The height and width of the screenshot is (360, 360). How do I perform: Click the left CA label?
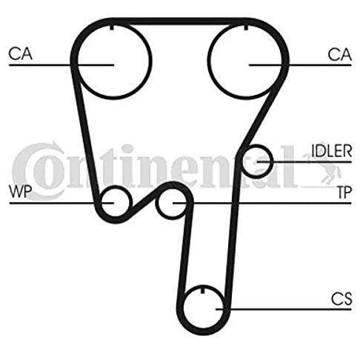point(20,54)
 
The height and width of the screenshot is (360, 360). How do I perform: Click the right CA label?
point(339,55)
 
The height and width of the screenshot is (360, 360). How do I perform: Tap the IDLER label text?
point(331,151)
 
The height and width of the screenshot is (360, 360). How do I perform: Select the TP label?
point(344,193)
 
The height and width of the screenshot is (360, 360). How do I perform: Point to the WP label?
point(21,191)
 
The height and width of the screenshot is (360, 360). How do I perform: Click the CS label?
point(341,299)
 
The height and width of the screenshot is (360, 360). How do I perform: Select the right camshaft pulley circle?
point(209,61)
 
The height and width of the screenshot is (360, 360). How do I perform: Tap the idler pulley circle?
point(272,161)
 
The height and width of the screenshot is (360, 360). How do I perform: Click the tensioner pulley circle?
point(156,203)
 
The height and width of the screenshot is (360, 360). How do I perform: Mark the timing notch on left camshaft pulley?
point(112,27)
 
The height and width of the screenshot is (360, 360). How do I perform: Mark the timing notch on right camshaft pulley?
point(246,27)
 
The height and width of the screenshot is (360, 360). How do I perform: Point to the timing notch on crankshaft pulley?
point(203,290)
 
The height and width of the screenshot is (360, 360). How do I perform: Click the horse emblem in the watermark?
point(322,168)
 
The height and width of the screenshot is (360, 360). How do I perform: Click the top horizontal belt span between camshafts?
point(179,21)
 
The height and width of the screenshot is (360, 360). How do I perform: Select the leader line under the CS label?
point(284,309)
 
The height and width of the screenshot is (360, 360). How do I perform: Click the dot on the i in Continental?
point(127,149)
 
